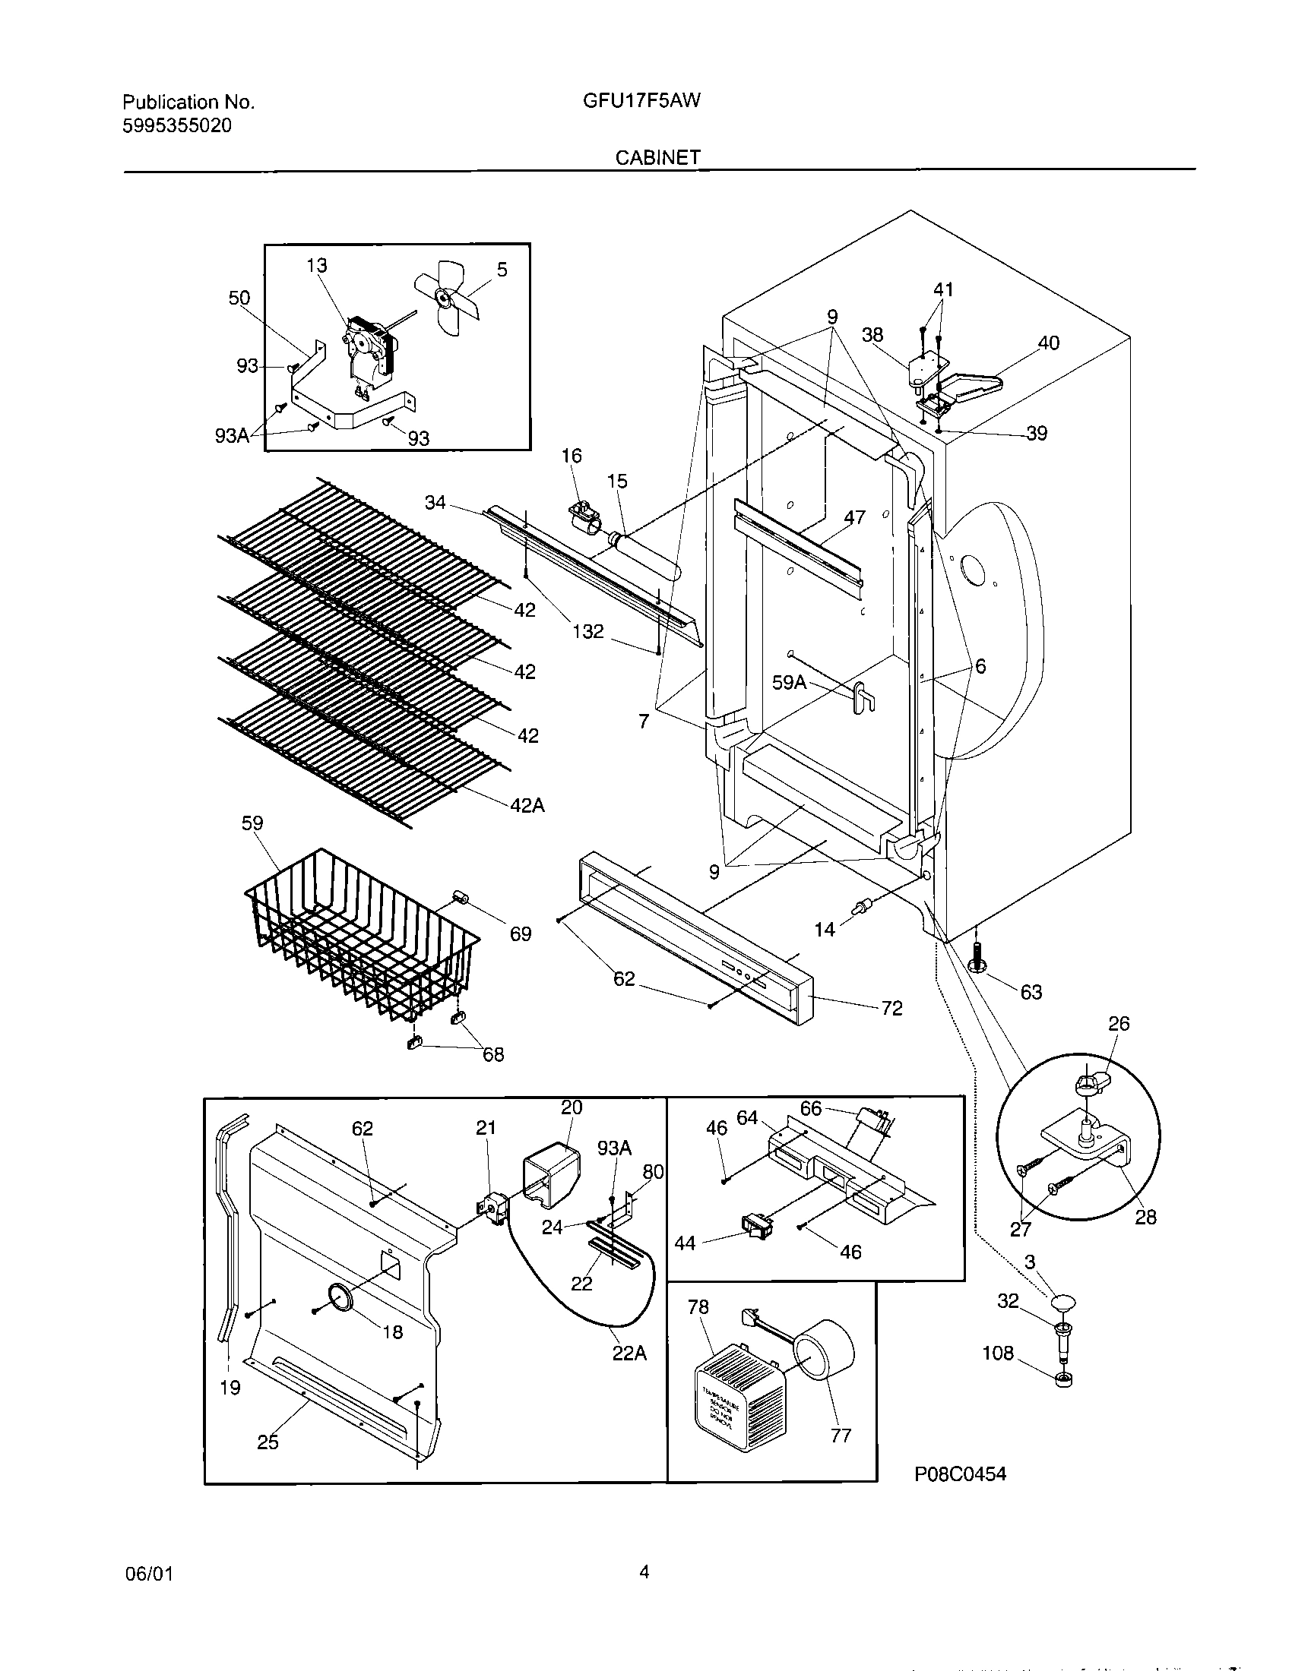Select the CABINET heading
click(x=657, y=157)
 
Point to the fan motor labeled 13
click(x=370, y=351)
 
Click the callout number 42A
click(x=527, y=805)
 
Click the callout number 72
click(x=891, y=1009)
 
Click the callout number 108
click(x=997, y=1354)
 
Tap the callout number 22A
click(x=629, y=1354)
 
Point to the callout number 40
click(x=1048, y=343)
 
